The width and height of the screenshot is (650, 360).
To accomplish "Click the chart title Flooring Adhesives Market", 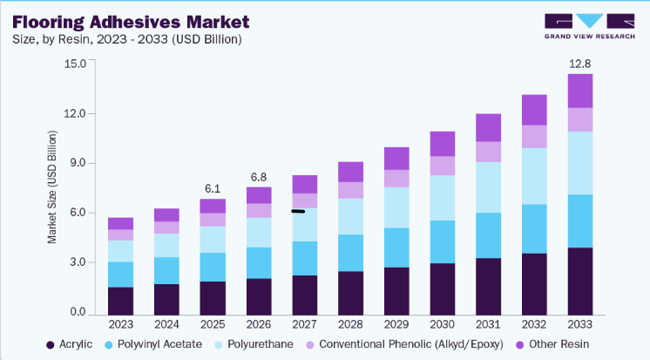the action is [x=131, y=22].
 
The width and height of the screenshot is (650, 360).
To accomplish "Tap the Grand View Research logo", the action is [x=590, y=26].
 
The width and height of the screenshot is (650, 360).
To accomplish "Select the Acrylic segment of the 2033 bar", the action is [x=580, y=282].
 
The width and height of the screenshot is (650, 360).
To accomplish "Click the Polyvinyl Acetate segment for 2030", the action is [x=443, y=241].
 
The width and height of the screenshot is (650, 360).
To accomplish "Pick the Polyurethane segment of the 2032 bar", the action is [x=534, y=176].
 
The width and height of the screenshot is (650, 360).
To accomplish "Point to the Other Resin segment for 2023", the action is [x=120, y=223].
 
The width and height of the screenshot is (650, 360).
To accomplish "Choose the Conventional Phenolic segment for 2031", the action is [x=488, y=152].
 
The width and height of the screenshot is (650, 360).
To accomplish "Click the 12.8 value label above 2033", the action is [x=580, y=64].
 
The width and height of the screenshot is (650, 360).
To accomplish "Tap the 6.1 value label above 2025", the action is [x=213, y=188].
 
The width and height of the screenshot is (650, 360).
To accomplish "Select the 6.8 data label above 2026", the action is [x=259, y=177].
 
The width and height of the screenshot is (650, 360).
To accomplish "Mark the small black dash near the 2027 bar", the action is [x=298, y=212].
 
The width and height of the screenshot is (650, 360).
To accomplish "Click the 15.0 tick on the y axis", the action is [x=75, y=64].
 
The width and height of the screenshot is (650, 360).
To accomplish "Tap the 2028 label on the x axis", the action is [x=350, y=324].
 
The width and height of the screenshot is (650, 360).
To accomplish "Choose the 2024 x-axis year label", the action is [x=166, y=324].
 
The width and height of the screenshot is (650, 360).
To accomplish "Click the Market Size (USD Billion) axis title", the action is [x=51, y=187].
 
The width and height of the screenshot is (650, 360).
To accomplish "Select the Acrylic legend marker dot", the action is [x=51, y=345].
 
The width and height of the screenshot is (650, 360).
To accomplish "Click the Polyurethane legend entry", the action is [x=254, y=344].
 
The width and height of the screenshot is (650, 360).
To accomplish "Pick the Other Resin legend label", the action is [x=559, y=344].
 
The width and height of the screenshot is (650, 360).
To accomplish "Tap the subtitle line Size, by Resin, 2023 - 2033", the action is [x=127, y=39].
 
